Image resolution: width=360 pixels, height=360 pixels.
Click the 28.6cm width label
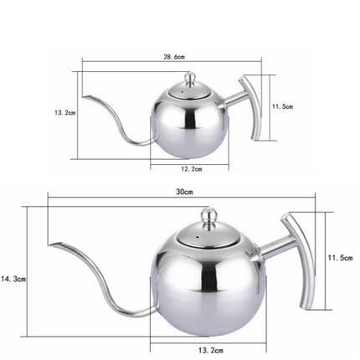click(x=175, y=57)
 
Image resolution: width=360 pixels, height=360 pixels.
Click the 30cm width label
click(x=184, y=192)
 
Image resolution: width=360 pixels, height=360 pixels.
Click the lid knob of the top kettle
click(x=189, y=79)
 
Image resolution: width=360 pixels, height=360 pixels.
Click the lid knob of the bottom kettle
click(x=208, y=215)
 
